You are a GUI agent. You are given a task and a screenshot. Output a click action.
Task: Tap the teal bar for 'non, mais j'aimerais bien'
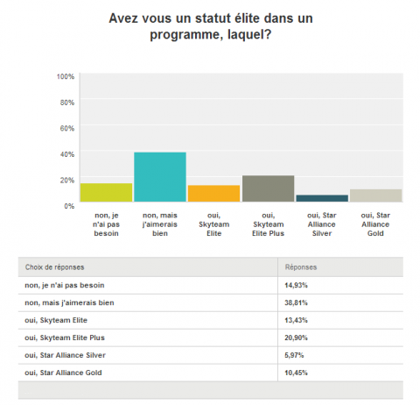click(160, 178)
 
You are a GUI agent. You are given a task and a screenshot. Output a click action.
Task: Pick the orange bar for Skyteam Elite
click(213, 195)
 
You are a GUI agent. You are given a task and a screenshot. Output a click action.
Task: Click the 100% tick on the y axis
click(65, 76)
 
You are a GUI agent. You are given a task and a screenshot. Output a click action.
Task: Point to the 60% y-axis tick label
click(66, 128)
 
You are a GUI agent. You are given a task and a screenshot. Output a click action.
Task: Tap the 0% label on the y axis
click(68, 204)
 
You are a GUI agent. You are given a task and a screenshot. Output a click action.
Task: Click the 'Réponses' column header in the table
click(301, 266)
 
